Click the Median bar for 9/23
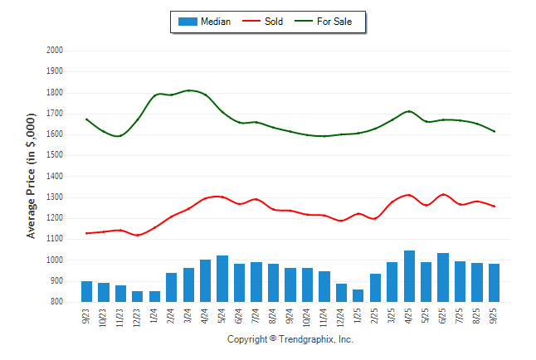click(86, 291)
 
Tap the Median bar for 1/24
click(154, 296)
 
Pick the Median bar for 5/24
click(222, 279)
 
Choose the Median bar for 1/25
click(358, 295)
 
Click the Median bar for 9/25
click(495, 283)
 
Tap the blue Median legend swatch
click(188, 22)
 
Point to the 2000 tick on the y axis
click(55, 51)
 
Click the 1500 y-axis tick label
click(55, 155)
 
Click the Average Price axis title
click(32, 177)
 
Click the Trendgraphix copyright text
click(290, 339)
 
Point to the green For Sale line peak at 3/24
click(189, 90)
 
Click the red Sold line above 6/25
click(444, 194)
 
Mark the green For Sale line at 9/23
click(86, 119)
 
